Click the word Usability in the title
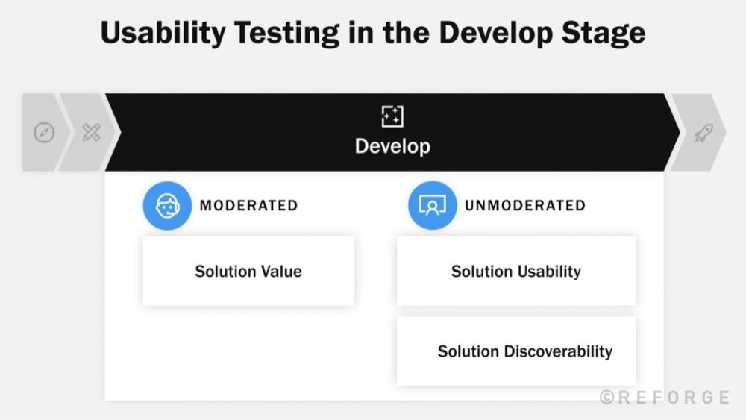[x=163, y=34]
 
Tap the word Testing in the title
[x=286, y=34]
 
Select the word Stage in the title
[x=604, y=34]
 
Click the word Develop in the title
[x=495, y=34]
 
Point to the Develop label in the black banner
[x=392, y=146]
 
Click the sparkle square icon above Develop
[x=392, y=116]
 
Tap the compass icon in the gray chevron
[x=44, y=132]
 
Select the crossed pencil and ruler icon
[x=91, y=132]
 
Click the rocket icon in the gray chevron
[x=703, y=133]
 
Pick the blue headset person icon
[x=167, y=205]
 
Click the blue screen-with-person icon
[x=432, y=205]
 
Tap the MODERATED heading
[x=249, y=205]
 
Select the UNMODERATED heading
[x=525, y=205]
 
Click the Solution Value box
[x=248, y=271]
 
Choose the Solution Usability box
[x=516, y=271]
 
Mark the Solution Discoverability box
[x=516, y=351]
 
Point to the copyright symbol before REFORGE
[x=606, y=397]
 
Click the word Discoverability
[x=558, y=351]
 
